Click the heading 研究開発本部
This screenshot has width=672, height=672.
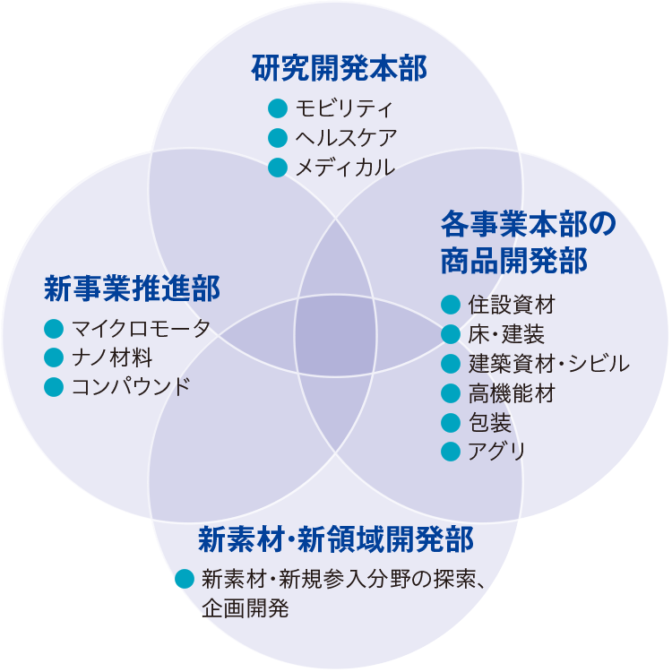(x=338, y=69)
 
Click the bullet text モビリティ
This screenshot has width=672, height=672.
(x=344, y=108)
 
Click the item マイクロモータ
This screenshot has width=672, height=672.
(x=141, y=328)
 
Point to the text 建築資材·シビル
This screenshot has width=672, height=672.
(x=548, y=364)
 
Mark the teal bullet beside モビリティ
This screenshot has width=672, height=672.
(x=278, y=108)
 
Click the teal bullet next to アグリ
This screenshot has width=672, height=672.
(x=451, y=451)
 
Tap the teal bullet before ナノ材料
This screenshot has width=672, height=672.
(x=53, y=358)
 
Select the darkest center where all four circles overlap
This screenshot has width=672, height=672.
(x=335, y=335)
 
